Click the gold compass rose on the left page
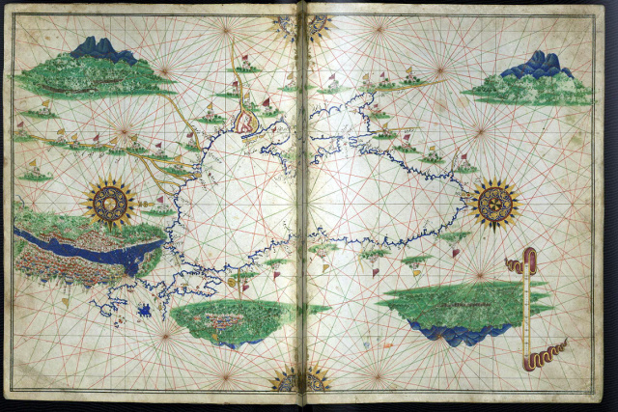coord(109,202)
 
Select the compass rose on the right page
coord(492,204)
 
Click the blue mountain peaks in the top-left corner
coord(102,49)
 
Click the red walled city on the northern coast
coord(247,122)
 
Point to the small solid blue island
coord(145,311)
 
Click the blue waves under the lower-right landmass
coord(453,334)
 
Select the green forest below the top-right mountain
coord(531,90)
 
